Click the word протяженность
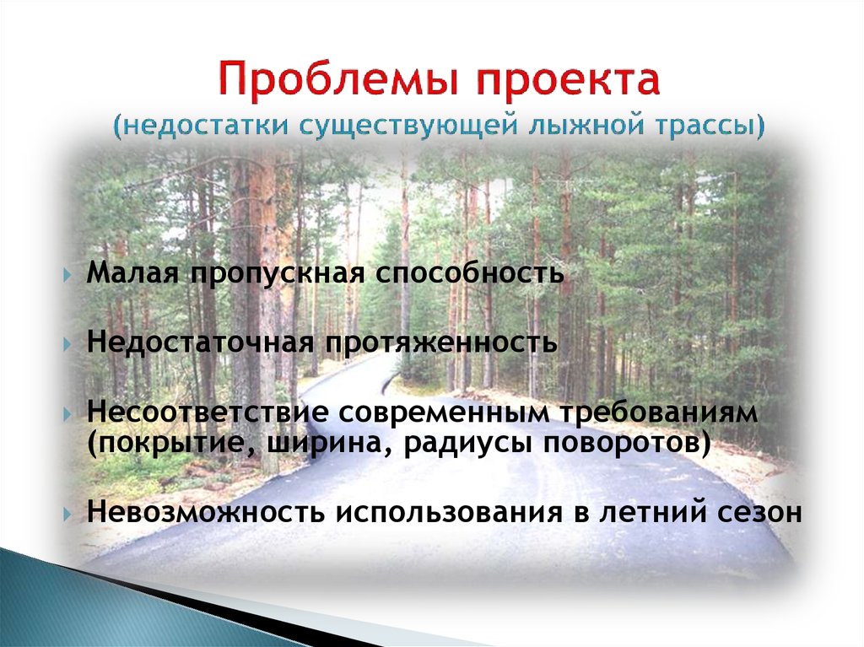pyautogui.click(x=436, y=342)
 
